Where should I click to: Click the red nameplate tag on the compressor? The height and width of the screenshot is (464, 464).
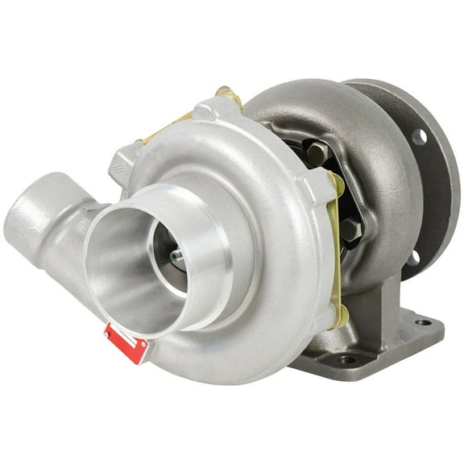pyautogui.click(x=126, y=343)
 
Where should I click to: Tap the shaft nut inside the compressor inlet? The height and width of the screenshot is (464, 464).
pyautogui.click(x=176, y=256)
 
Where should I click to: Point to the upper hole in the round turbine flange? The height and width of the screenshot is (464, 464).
pyautogui.click(x=419, y=138)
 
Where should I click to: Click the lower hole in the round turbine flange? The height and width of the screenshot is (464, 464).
pyautogui.click(x=413, y=259)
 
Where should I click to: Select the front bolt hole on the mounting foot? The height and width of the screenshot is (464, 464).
pyautogui.click(x=346, y=359)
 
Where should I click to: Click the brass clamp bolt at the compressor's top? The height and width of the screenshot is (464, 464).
pyautogui.click(x=228, y=94)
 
